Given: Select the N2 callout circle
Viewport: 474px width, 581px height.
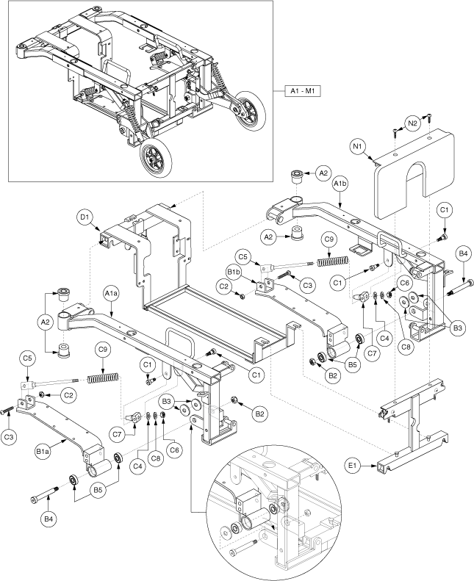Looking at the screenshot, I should [x=412, y=124].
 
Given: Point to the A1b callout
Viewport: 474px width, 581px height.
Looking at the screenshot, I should [x=341, y=183].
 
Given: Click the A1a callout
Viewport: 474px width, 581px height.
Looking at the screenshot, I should [x=110, y=295].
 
